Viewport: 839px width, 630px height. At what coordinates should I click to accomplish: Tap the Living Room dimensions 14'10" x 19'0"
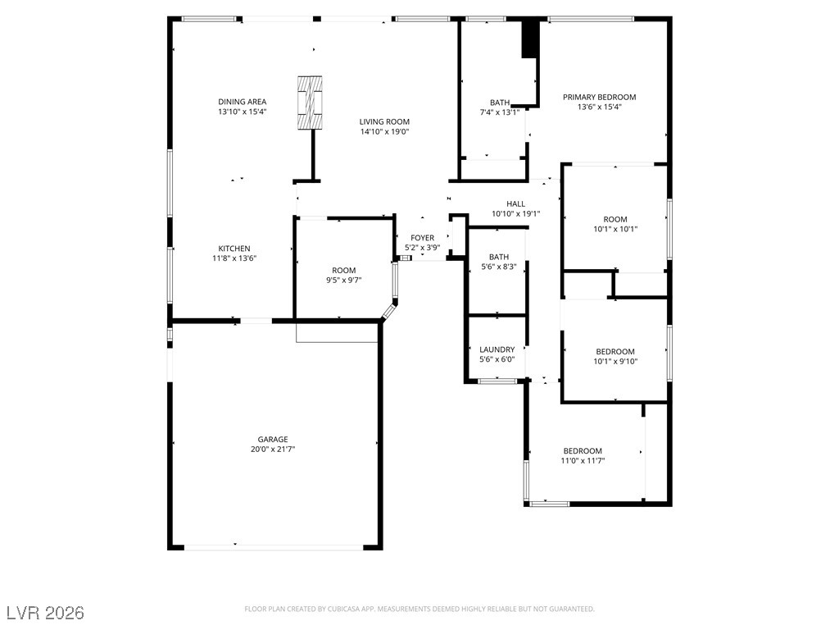click(x=384, y=132)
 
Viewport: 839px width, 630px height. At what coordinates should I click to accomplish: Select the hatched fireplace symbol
click(x=310, y=103)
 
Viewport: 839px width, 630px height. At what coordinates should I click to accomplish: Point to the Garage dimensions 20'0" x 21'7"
click(x=273, y=450)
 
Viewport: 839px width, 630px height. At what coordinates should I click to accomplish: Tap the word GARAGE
click(x=273, y=440)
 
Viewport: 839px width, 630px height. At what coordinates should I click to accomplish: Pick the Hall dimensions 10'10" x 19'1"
click(x=516, y=214)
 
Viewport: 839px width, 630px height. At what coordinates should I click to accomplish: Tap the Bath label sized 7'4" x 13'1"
click(x=500, y=107)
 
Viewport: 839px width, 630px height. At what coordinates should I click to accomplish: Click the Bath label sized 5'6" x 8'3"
click(x=499, y=262)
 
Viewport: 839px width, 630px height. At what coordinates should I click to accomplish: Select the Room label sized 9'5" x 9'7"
click(x=343, y=275)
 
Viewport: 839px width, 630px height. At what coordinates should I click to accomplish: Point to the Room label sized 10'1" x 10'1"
click(x=615, y=224)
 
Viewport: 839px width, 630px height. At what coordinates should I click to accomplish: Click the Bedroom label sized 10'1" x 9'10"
click(x=615, y=356)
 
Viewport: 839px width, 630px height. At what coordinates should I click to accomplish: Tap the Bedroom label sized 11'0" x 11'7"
click(x=583, y=455)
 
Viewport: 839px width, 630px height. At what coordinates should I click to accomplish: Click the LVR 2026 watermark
click(x=45, y=613)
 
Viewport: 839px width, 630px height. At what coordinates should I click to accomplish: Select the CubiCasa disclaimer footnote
click(x=419, y=609)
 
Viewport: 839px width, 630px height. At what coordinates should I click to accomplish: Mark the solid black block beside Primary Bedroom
click(x=530, y=39)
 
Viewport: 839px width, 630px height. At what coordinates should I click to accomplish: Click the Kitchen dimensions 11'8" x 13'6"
click(x=234, y=258)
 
